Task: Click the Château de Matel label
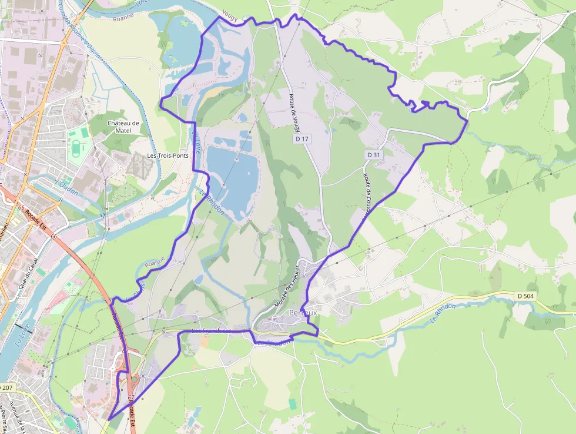123,127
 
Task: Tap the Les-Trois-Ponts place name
166,156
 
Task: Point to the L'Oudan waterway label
66,184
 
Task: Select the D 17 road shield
302,140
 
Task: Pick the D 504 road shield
525,296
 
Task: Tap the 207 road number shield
6,388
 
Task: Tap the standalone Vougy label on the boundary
230,18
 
